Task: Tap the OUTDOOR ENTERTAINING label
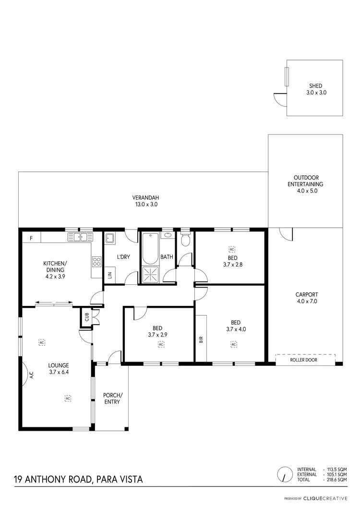tap(305, 184)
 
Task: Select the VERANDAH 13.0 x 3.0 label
tap(145, 201)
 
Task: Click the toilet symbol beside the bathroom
tap(186, 240)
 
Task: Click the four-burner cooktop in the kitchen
tap(96, 262)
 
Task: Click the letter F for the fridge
tap(31, 238)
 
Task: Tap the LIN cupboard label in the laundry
tap(110, 275)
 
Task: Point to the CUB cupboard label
tap(87, 317)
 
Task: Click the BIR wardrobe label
tap(201, 339)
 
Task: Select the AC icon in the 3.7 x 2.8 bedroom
tap(232, 249)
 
